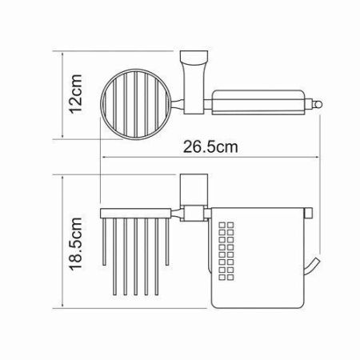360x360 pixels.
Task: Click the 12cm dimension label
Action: point(75,97)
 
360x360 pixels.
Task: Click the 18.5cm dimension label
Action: point(75,242)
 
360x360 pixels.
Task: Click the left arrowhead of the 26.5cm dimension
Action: point(102,156)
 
